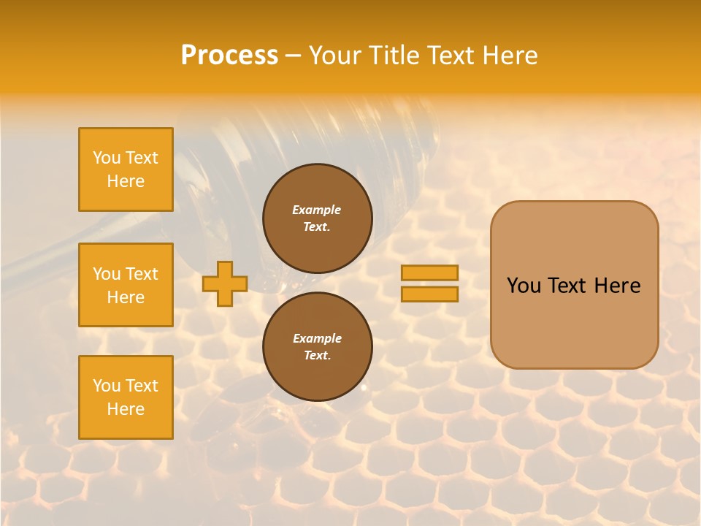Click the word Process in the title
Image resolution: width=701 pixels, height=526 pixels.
(x=229, y=56)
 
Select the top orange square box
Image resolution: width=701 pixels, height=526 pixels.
(x=126, y=169)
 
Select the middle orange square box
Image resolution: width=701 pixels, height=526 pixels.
(x=126, y=285)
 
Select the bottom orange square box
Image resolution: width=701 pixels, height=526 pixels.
(x=126, y=397)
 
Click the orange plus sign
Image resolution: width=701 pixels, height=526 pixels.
(x=225, y=283)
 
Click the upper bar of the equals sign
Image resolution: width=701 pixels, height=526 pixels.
(x=429, y=272)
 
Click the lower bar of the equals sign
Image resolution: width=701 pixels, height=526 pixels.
(x=429, y=294)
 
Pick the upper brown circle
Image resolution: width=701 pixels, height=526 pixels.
(x=318, y=218)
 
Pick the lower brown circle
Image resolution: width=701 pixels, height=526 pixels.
(x=318, y=346)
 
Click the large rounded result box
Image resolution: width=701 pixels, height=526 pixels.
(x=574, y=285)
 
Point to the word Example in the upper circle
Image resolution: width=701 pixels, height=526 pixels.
(x=317, y=210)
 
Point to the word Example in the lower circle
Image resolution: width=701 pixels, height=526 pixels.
(x=317, y=338)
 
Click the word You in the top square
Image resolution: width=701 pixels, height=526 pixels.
(x=107, y=158)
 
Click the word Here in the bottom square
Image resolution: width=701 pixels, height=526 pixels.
(x=126, y=409)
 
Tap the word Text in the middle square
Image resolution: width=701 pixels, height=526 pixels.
(x=142, y=274)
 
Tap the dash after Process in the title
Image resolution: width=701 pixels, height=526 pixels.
(x=294, y=56)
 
